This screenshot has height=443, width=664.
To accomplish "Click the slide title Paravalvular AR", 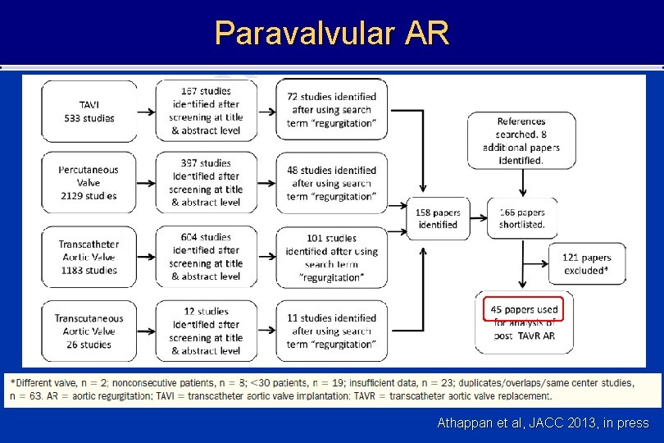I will (x=332, y=33).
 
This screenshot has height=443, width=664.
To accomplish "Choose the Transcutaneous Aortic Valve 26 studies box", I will (x=89, y=331).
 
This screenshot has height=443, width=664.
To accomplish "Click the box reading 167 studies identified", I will (x=206, y=111).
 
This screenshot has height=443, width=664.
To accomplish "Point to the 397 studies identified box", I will (x=206, y=182).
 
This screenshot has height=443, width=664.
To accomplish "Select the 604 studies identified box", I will (x=206, y=257).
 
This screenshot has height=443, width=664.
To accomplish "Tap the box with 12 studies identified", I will (x=206, y=331).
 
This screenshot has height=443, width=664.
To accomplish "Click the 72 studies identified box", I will (x=331, y=110).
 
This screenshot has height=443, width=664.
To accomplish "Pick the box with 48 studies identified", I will (x=331, y=183).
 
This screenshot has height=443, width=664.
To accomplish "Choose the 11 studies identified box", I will (x=331, y=331).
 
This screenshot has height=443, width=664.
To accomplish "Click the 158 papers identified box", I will (x=438, y=218).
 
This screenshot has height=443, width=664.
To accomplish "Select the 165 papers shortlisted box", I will (x=521, y=218).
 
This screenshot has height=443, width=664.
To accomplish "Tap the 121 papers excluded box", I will (x=587, y=264).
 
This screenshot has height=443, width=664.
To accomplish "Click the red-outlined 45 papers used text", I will (x=524, y=310).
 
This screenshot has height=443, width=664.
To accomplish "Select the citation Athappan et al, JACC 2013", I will (x=543, y=423).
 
